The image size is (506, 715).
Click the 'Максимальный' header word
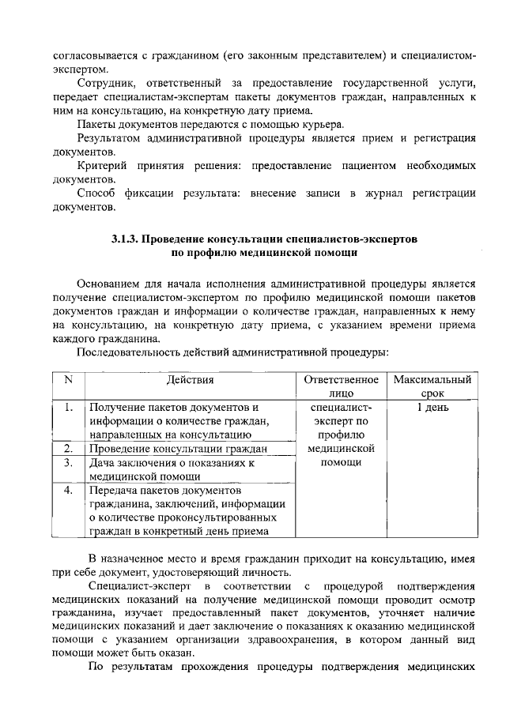tap(432, 380)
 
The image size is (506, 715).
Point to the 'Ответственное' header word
tap(341, 380)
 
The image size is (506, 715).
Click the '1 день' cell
tap(432, 408)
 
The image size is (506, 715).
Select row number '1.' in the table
tap(68, 408)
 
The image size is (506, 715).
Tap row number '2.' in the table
tap(68, 449)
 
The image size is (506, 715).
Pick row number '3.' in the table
tap(68, 462)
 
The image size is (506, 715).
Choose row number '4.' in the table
tap(68, 490)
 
